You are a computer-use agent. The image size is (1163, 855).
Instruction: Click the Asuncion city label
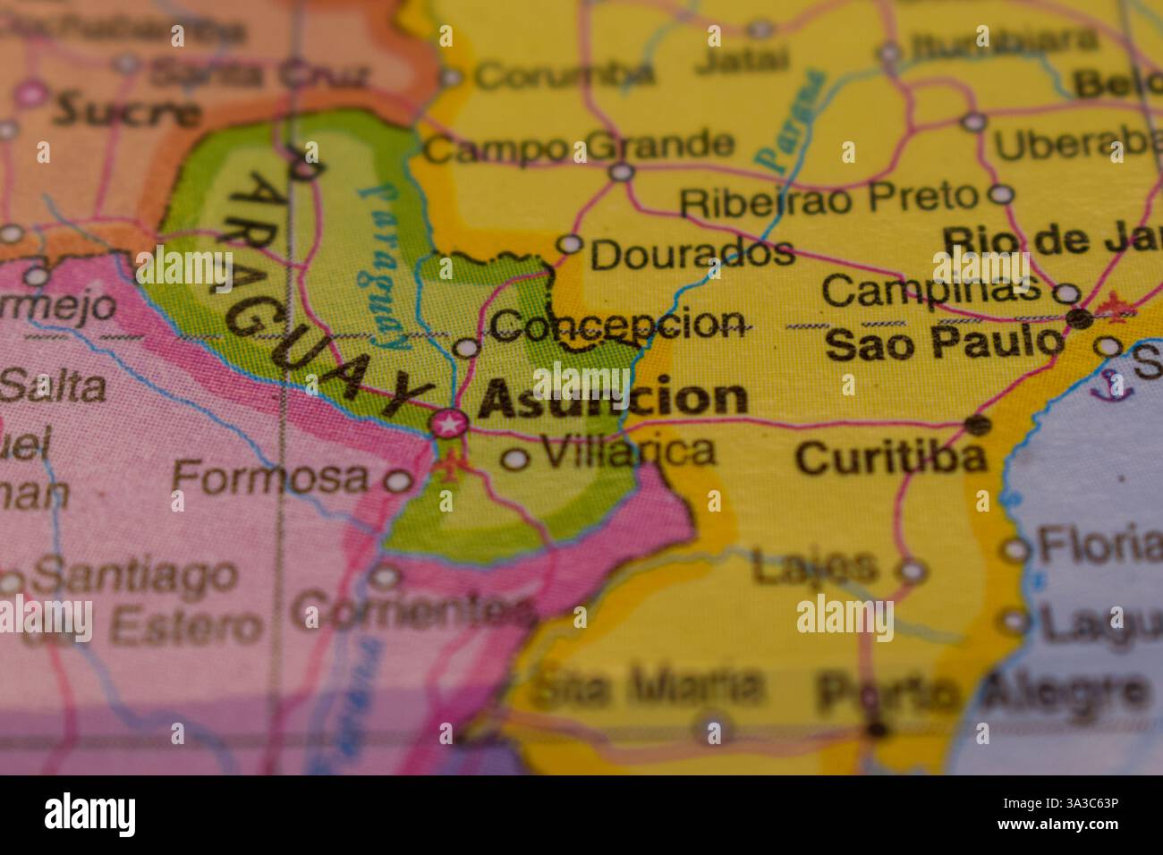pos(613,399)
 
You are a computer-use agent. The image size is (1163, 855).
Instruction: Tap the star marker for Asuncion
pos(447,423)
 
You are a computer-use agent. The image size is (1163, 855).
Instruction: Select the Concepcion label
pos(617,324)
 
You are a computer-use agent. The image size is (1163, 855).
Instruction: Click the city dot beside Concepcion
pos(466,347)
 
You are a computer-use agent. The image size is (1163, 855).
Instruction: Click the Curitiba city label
pos(891,458)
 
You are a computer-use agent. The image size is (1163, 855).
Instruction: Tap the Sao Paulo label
pos(946,343)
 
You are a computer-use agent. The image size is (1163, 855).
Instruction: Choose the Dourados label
pos(692,253)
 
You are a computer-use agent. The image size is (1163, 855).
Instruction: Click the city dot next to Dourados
pos(570,243)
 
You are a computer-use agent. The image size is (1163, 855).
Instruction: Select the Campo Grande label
pos(578,146)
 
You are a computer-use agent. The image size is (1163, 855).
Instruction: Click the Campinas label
pos(930,289)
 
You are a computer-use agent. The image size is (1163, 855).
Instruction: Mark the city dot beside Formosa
pos(397,482)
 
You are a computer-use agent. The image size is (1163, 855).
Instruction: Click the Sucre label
pos(126,111)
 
